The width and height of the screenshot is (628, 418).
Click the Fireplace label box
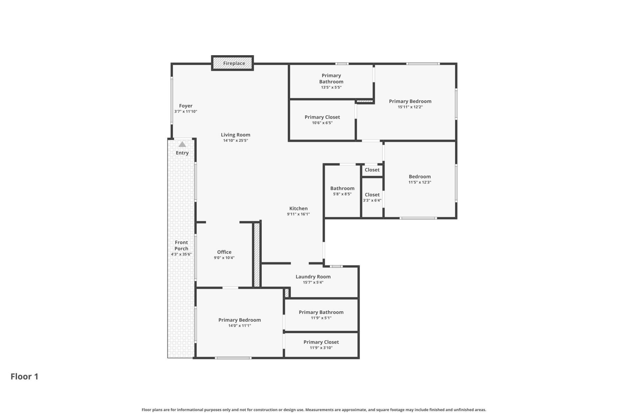(x=233, y=63)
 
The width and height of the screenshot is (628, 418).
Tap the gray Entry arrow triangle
(x=182, y=144)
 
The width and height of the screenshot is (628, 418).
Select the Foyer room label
(x=186, y=106)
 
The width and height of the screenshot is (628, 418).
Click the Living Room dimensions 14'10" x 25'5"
(x=235, y=140)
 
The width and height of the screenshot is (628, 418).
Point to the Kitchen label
(x=298, y=208)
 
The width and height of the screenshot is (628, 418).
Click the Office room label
(x=224, y=252)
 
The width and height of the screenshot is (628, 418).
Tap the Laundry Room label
(x=313, y=277)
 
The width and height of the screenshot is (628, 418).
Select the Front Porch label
(x=181, y=245)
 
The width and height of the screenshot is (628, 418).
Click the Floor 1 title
(x=25, y=377)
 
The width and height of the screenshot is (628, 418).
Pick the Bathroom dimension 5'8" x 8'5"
(x=342, y=194)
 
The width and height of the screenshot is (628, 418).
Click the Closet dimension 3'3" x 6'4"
(x=372, y=201)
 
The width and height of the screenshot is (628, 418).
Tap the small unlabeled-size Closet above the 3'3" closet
(x=372, y=170)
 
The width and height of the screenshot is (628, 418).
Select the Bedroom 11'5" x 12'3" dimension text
(x=420, y=182)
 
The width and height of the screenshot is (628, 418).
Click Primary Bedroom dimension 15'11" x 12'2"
(x=410, y=107)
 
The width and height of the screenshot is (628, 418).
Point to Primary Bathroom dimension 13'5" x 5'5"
(x=331, y=87)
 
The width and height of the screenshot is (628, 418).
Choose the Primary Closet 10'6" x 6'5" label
(x=322, y=120)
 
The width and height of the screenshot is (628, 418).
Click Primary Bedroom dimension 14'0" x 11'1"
(x=240, y=326)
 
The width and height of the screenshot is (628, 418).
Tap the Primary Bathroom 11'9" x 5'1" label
(x=321, y=315)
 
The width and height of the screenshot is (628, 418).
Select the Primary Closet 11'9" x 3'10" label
(x=321, y=345)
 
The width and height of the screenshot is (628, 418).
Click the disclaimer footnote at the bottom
(x=314, y=410)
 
